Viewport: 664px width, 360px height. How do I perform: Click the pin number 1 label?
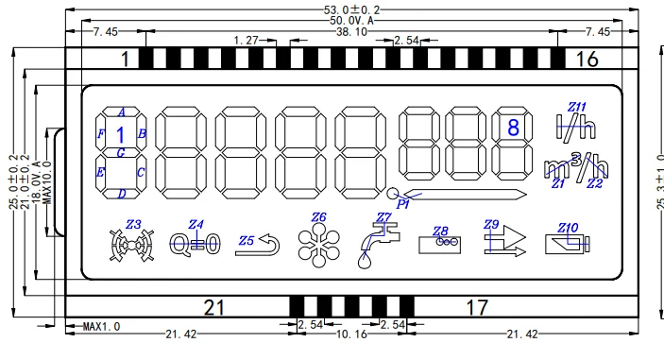pos(125,60)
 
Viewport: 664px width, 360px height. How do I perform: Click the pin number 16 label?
pos(587,60)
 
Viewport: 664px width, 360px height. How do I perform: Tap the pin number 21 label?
pos(214,306)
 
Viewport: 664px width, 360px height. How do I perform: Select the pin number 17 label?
pos(477,306)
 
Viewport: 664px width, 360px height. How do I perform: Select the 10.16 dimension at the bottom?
pos(352,334)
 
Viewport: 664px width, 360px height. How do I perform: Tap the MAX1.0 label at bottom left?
pos(102,326)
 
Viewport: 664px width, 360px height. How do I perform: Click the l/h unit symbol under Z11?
pos(569,125)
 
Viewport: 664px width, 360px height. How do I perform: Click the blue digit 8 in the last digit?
pos(513,127)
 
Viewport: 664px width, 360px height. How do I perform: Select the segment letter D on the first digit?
pos(122,194)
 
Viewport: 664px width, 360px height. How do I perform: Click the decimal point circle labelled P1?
pos(392,194)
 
